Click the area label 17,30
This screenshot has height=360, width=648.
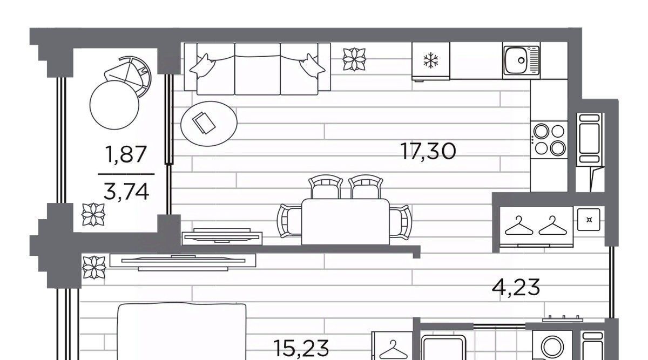click(429, 151)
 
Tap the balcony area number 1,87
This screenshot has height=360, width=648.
click(126, 154)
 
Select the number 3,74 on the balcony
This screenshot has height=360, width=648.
click(126, 192)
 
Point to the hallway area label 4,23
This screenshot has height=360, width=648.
click(516, 287)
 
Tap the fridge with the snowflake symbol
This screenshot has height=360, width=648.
click(431, 61)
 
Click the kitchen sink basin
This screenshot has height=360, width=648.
click(517, 60)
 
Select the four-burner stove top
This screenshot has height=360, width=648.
click(549, 140)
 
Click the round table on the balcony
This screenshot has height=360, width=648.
click(114, 105)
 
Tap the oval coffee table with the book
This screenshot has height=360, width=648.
click(209, 124)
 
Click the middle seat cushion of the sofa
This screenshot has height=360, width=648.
click(258, 69)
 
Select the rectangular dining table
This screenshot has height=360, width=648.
click(345, 222)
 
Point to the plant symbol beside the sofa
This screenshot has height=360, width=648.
click(354, 59)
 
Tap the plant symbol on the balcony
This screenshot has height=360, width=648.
click(93, 215)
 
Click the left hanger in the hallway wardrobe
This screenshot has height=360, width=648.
click(519, 226)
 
